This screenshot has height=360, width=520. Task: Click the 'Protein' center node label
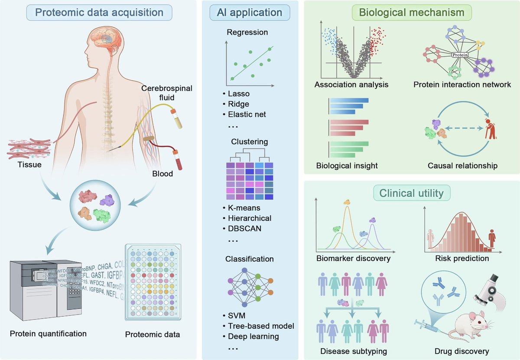(x=460, y=55)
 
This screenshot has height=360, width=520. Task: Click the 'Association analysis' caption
(x=351, y=84)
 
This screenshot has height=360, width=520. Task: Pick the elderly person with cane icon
(x=488, y=129)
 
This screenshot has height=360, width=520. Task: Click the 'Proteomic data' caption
(x=152, y=334)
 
